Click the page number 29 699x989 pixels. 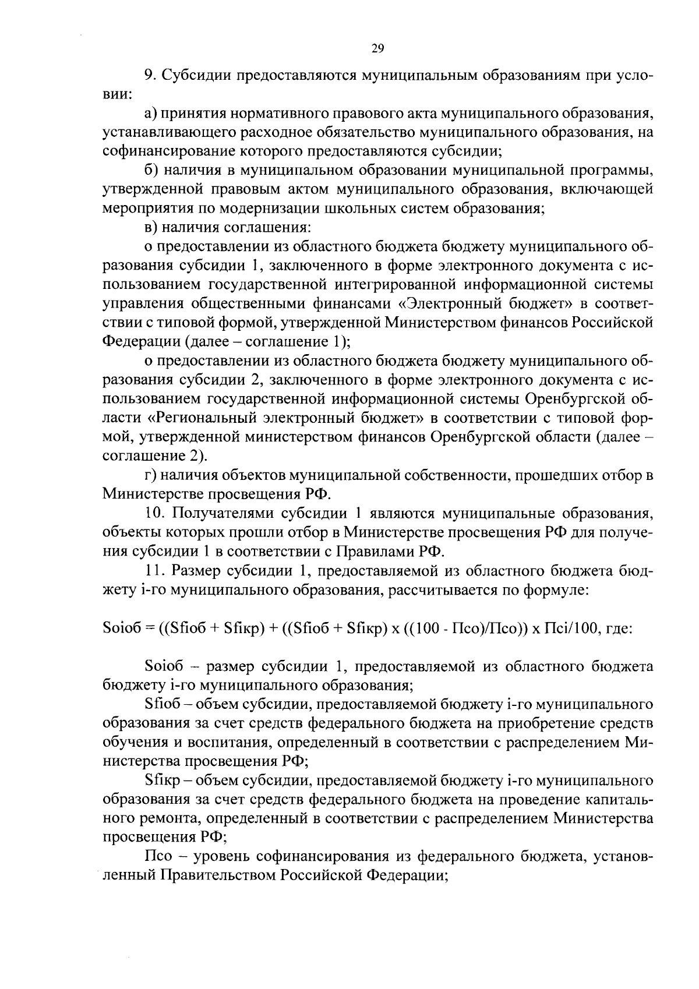377,49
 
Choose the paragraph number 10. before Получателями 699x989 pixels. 154,513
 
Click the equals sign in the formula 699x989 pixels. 150,628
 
